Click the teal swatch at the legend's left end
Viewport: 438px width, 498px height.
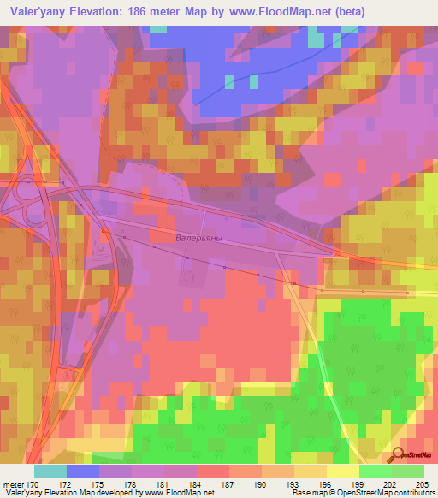coord(50,471)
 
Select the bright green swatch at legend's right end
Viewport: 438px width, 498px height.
coord(408,471)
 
